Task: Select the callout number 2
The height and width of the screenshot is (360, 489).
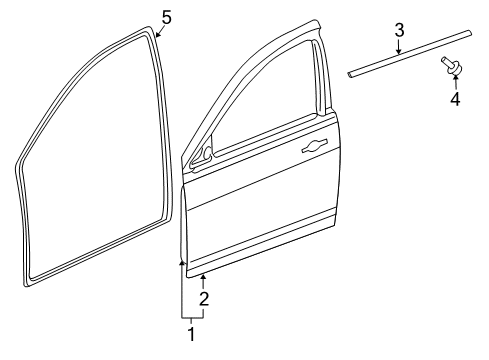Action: click(204, 298)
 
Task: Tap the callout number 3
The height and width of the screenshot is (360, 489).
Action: click(398, 31)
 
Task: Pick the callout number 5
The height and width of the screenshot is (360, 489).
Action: click(167, 16)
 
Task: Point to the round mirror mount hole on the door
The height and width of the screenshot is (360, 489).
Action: click(205, 155)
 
